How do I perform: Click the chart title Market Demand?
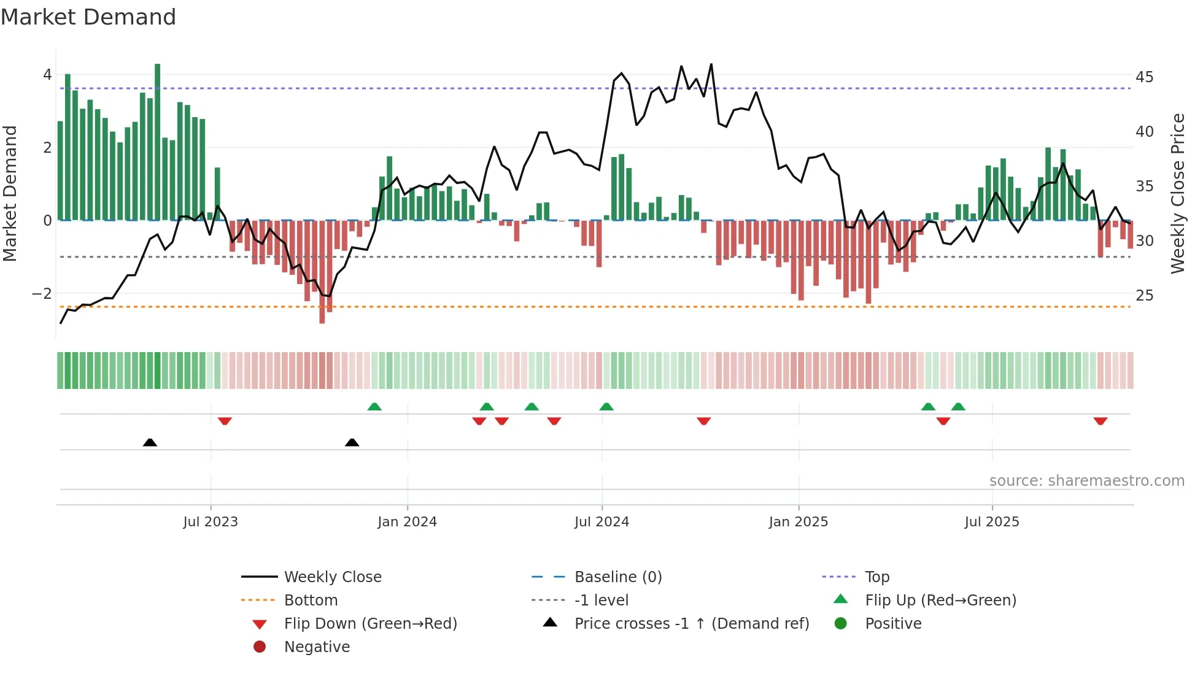point(88,17)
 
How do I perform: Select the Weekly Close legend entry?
point(332,577)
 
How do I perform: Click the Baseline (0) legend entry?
point(617,577)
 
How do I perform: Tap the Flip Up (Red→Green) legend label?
point(940,600)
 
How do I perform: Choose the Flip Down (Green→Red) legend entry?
point(370,623)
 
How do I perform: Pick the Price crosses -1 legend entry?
point(691,623)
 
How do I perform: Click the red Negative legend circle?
point(260,647)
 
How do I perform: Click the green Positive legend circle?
point(841,623)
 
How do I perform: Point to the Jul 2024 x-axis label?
point(601,522)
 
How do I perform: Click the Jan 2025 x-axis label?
point(798,522)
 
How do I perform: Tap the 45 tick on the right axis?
point(1144,77)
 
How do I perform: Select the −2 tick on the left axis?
point(42,294)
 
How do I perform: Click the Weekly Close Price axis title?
point(1178,193)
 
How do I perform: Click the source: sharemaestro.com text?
point(1086,481)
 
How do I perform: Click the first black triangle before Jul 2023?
point(150,442)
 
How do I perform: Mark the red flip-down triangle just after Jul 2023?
point(225,421)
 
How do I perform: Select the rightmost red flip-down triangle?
point(1100,421)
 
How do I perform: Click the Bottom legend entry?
point(311,600)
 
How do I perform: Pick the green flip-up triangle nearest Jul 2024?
point(606,407)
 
